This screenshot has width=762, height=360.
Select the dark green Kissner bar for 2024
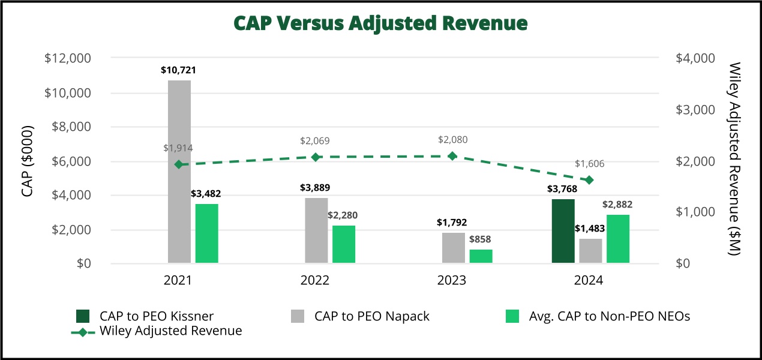(563, 231)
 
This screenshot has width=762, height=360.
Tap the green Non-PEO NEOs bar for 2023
(481, 256)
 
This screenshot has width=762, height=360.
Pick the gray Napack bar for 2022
(316, 230)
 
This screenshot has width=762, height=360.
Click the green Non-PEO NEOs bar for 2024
(618, 239)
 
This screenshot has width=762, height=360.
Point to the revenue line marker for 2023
(453, 156)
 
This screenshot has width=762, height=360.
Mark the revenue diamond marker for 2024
(589, 180)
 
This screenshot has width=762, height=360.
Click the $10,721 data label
(178, 70)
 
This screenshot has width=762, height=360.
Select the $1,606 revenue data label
(589, 164)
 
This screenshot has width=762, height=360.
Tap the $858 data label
(481, 239)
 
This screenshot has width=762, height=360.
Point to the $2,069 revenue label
(315, 141)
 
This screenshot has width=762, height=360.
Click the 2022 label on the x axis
(315, 281)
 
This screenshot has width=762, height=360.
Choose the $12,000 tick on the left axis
(68, 58)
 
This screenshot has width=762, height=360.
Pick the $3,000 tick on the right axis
(695, 110)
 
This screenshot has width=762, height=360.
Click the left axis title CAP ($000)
(26, 161)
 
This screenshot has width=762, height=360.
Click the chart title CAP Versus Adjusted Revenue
(380, 23)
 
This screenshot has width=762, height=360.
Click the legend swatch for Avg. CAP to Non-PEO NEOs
(512, 316)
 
